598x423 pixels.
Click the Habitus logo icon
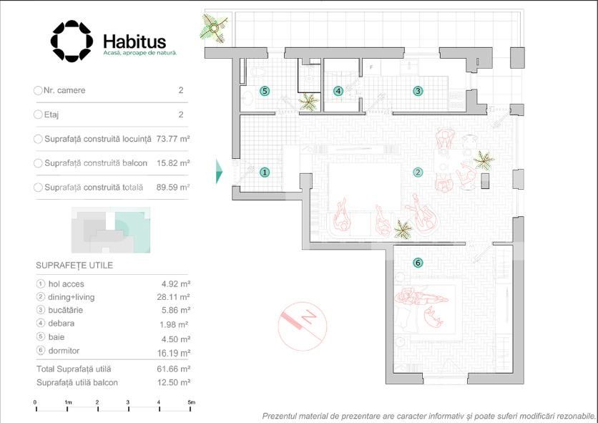(x=72, y=42)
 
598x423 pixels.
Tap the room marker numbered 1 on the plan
(x=265, y=172)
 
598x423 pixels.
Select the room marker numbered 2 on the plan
(x=418, y=172)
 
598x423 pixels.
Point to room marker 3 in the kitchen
(x=418, y=91)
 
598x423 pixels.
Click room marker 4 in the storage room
(x=338, y=91)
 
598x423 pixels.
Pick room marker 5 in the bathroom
(x=265, y=91)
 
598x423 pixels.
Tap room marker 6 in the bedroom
(x=418, y=263)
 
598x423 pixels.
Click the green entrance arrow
(x=219, y=171)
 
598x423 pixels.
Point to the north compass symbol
(x=303, y=326)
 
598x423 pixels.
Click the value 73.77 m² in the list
(x=173, y=139)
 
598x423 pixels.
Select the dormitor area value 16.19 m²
(x=174, y=353)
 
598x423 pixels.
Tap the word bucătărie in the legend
(x=65, y=310)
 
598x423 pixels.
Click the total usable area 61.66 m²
(x=174, y=369)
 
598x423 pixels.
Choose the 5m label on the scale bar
(x=192, y=402)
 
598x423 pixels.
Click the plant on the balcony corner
(x=214, y=28)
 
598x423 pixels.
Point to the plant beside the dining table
(x=484, y=160)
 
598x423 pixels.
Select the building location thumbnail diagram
(x=111, y=230)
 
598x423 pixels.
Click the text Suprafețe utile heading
(x=74, y=266)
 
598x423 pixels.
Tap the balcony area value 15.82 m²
(x=173, y=163)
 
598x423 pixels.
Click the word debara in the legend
(x=61, y=324)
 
